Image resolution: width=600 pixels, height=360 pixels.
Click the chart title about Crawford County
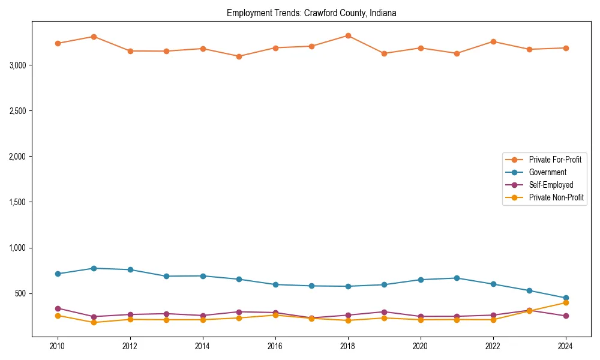[311, 13]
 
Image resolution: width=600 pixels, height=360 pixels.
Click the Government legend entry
[547, 172]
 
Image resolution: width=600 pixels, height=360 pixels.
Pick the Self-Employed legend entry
[551, 185]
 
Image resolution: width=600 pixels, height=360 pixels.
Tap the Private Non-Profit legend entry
[556, 197]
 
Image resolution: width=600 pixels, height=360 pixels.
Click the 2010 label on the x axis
[58, 346]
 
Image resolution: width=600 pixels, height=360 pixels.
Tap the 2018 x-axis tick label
[348, 346]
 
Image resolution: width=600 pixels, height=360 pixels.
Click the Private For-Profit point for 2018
[348, 36]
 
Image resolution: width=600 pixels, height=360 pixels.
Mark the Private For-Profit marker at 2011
[94, 37]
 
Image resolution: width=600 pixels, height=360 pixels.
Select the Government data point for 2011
[94, 268]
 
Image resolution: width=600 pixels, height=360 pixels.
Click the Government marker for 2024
[566, 298]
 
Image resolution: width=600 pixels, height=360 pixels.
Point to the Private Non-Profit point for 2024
[566, 302]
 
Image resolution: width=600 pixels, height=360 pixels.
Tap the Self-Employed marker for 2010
[58, 308]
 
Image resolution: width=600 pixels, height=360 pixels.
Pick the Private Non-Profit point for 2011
[94, 322]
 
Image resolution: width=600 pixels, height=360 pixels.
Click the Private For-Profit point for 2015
[239, 56]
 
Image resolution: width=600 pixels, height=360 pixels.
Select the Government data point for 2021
[457, 278]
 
